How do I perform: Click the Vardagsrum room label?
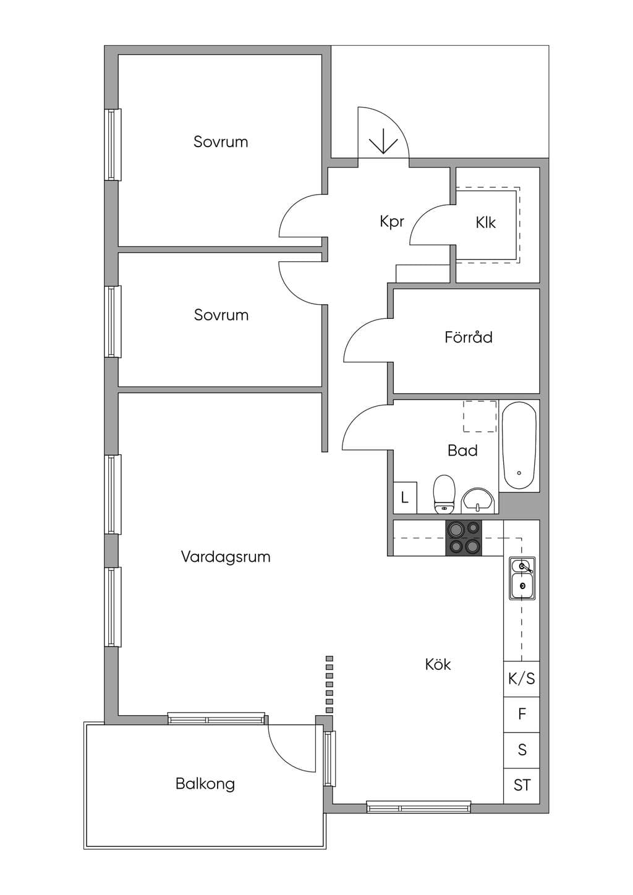pyautogui.click(x=226, y=557)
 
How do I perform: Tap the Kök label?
pyautogui.click(x=438, y=664)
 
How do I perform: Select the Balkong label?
pyautogui.click(x=205, y=784)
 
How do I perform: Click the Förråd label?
pyautogui.click(x=469, y=337)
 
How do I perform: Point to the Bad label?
pyautogui.click(x=462, y=451)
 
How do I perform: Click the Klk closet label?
pyautogui.click(x=485, y=223)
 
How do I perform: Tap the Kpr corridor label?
pyautogui.click(x=392, y=222)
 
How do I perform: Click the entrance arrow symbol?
pyautogui.click(x=383, y=141)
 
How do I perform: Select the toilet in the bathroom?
pyautogui.click(x=444, y=494)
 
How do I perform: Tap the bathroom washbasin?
pyautogui.click(x=478, y=501)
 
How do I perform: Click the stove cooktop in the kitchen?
pyautogui.click(x=464, y=538)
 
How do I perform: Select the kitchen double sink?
pyautogui.click(x=522, y=578)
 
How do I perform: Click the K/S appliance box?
pyautogui.click(x=522, y=679)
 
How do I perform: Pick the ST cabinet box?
pyautogui.click(x=522, y=786)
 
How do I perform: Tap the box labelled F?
pyautogui.click(x=522, y=715)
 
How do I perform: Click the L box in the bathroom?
pyautogui.click(x=406, y=498)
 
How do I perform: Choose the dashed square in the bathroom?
pyautogui.click(x=480, y=417)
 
